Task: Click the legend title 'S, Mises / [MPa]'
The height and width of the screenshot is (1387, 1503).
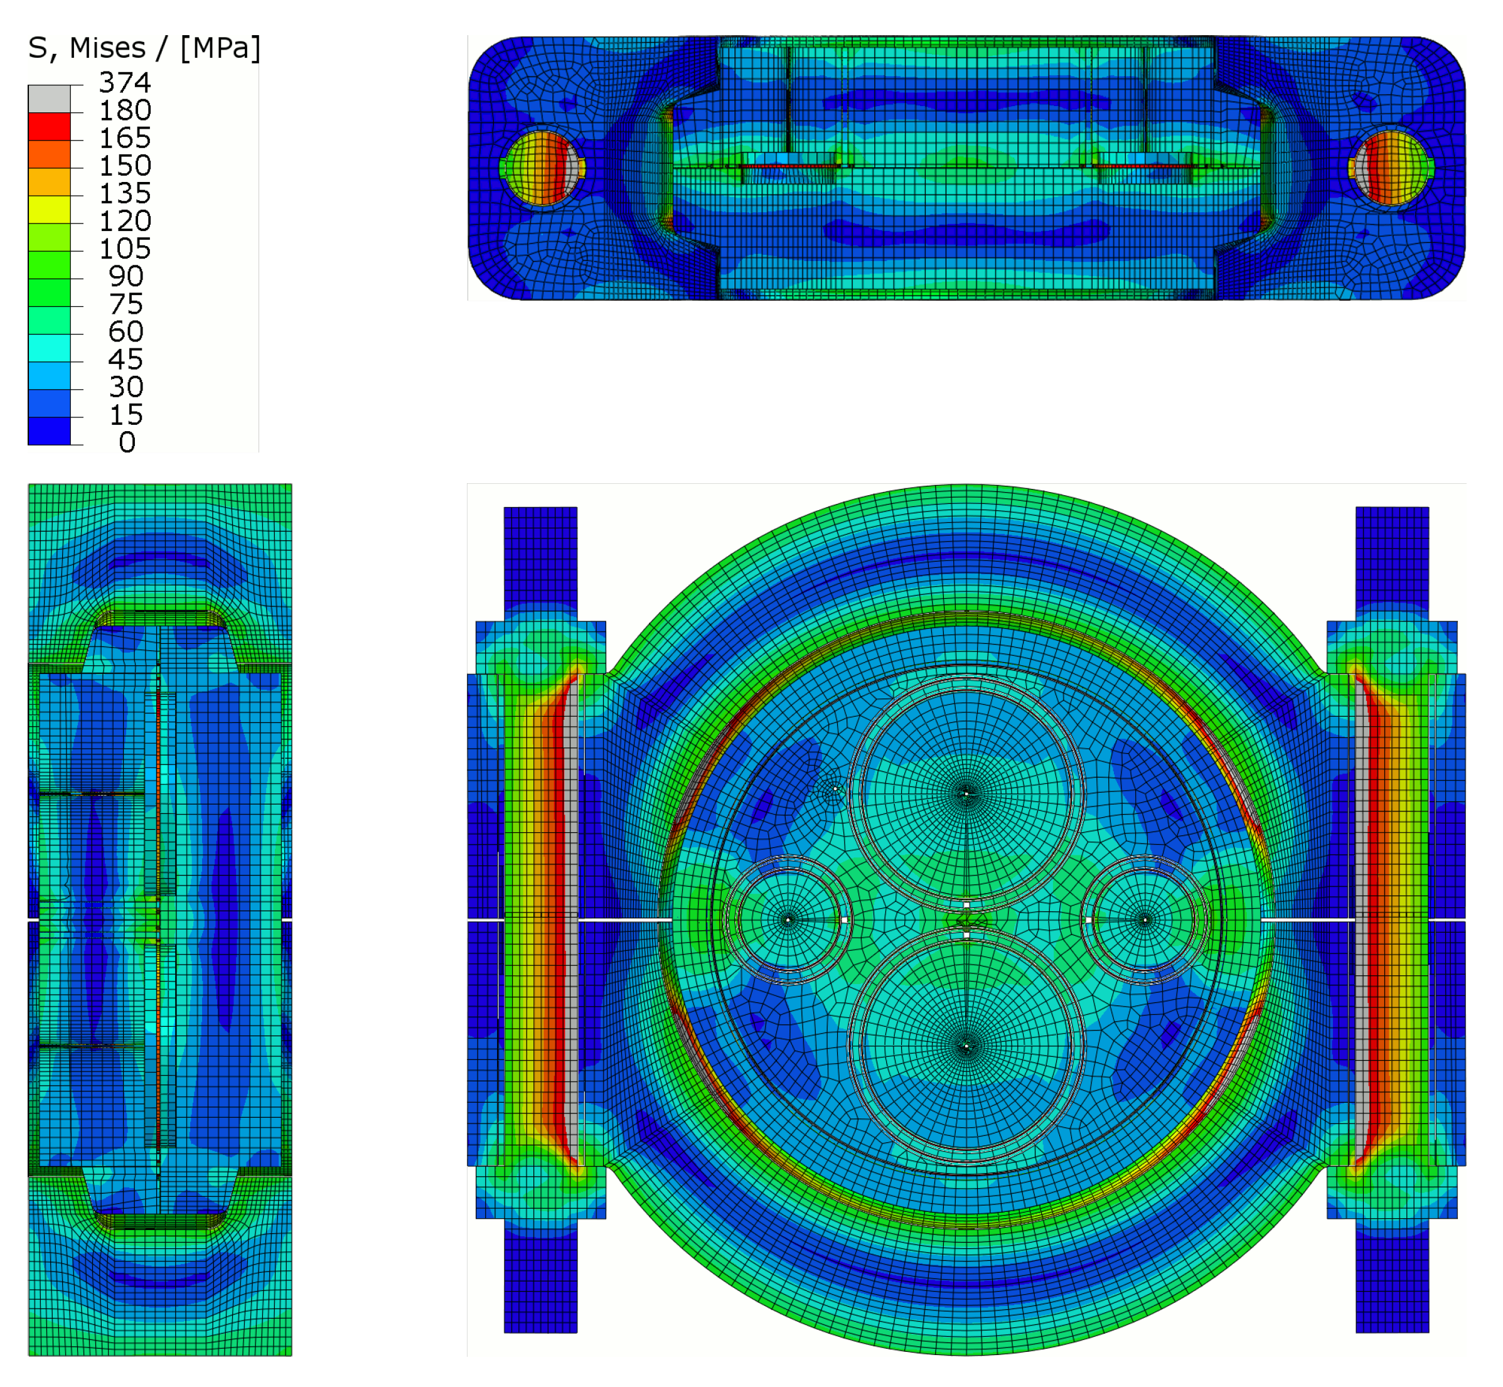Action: coord(144,48)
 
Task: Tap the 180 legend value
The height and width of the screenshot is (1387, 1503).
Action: coord(124,110)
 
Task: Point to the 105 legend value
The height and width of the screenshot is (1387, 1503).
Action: coord(124,249)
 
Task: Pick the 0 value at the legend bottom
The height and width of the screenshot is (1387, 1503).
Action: coord(127,442)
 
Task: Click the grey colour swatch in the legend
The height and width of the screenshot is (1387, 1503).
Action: coord(50,99)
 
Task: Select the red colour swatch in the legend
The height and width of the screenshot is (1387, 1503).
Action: coord(50,127)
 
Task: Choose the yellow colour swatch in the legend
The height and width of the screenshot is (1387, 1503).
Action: coord(50,210)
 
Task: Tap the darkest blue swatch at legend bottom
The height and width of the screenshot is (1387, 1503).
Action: coord(50,431)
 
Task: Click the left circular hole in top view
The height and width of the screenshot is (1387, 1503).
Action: coord(542,168)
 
